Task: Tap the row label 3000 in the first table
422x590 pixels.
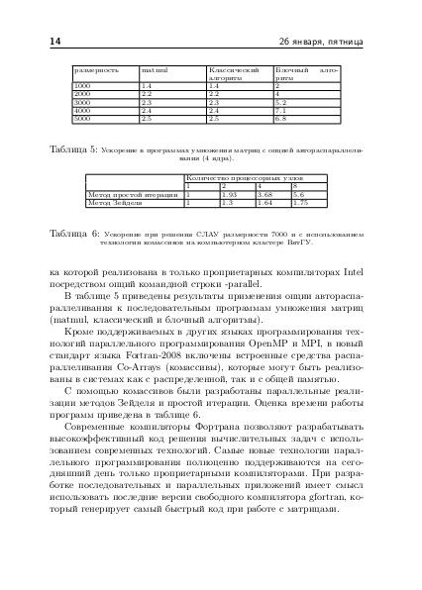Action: pyautogui.click(x=83, y=102)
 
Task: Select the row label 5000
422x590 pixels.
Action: pyautogui.click(x=83, y=117)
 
